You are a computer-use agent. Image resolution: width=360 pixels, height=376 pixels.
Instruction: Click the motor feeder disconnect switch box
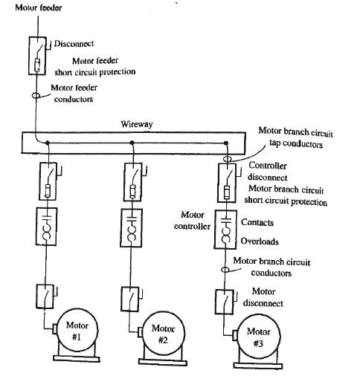[37, 56]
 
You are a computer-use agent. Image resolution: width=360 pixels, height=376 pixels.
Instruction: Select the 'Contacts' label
[259, 222]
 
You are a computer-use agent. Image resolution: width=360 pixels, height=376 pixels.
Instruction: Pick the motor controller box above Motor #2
[133, 229]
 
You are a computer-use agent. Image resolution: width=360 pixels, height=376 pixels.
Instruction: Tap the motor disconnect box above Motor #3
[224, 302]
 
